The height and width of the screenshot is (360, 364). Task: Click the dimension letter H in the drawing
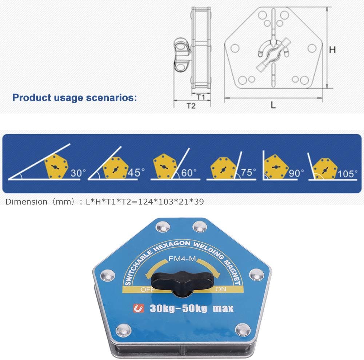click(x=332, y=50)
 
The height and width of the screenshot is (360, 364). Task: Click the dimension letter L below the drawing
click(x=273, y=105)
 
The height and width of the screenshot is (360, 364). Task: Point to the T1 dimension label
click(x=201, y=97)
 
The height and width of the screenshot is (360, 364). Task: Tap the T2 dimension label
click(x=191, y=106)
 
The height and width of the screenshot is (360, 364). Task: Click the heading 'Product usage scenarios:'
click(x=75, y=98)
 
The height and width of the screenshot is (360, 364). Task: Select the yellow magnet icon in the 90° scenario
click(x=276, y=166)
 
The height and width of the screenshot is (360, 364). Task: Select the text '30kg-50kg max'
click(x=191, y=309)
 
